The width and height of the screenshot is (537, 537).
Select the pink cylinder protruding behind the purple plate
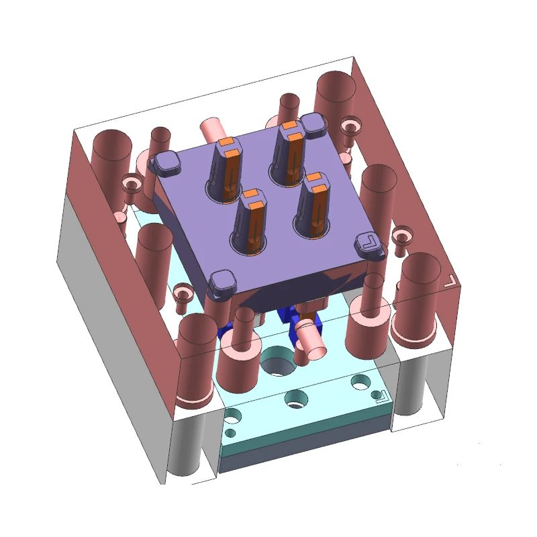click(x=213, y=128)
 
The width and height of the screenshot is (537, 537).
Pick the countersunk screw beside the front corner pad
click(x=182, y=295)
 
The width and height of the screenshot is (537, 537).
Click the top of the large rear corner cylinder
click(x=335, y=87)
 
